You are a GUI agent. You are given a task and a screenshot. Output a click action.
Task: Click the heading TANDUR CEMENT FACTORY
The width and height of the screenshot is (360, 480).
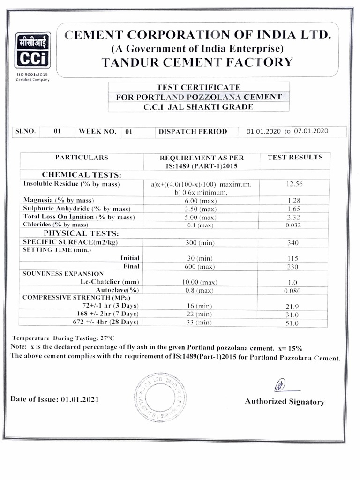point(197,62)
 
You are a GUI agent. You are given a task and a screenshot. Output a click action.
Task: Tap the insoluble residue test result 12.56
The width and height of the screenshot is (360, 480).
point(295,184)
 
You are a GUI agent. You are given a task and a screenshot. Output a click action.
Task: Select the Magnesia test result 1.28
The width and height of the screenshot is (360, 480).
point(294,201)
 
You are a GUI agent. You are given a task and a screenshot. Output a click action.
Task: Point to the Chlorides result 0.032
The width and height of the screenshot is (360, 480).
point(293,225)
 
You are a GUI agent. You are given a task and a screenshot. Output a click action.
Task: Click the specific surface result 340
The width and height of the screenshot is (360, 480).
point(293,243)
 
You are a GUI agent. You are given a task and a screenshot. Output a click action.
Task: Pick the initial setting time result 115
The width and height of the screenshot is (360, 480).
point(293,258)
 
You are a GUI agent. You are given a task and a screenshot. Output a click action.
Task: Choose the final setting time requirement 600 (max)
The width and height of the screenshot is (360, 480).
point(200,267)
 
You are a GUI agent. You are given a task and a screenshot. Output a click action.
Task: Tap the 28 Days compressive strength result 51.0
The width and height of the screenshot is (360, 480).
point(292,322)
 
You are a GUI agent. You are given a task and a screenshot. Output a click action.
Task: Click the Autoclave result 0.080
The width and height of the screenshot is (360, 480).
point(292,291)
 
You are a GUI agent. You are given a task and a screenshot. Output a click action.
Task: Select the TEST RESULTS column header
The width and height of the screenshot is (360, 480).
point(295,157)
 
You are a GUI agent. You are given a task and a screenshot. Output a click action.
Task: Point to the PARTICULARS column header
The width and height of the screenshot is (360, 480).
point(82,157)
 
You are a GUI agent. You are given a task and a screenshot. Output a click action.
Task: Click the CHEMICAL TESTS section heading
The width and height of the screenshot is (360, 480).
point(82,175)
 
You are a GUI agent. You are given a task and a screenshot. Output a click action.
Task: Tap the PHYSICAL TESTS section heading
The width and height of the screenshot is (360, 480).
point(81,233)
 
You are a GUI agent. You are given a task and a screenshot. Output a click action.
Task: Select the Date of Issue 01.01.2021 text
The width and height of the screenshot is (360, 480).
point(54,399)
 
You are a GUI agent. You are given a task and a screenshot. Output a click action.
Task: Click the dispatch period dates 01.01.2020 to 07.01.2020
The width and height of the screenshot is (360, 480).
point(287,131)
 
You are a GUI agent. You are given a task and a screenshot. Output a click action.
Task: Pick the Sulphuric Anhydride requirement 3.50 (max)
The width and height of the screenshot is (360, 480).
point(200,209)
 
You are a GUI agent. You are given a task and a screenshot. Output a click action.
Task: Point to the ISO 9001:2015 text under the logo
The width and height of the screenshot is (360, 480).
point(32,75)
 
